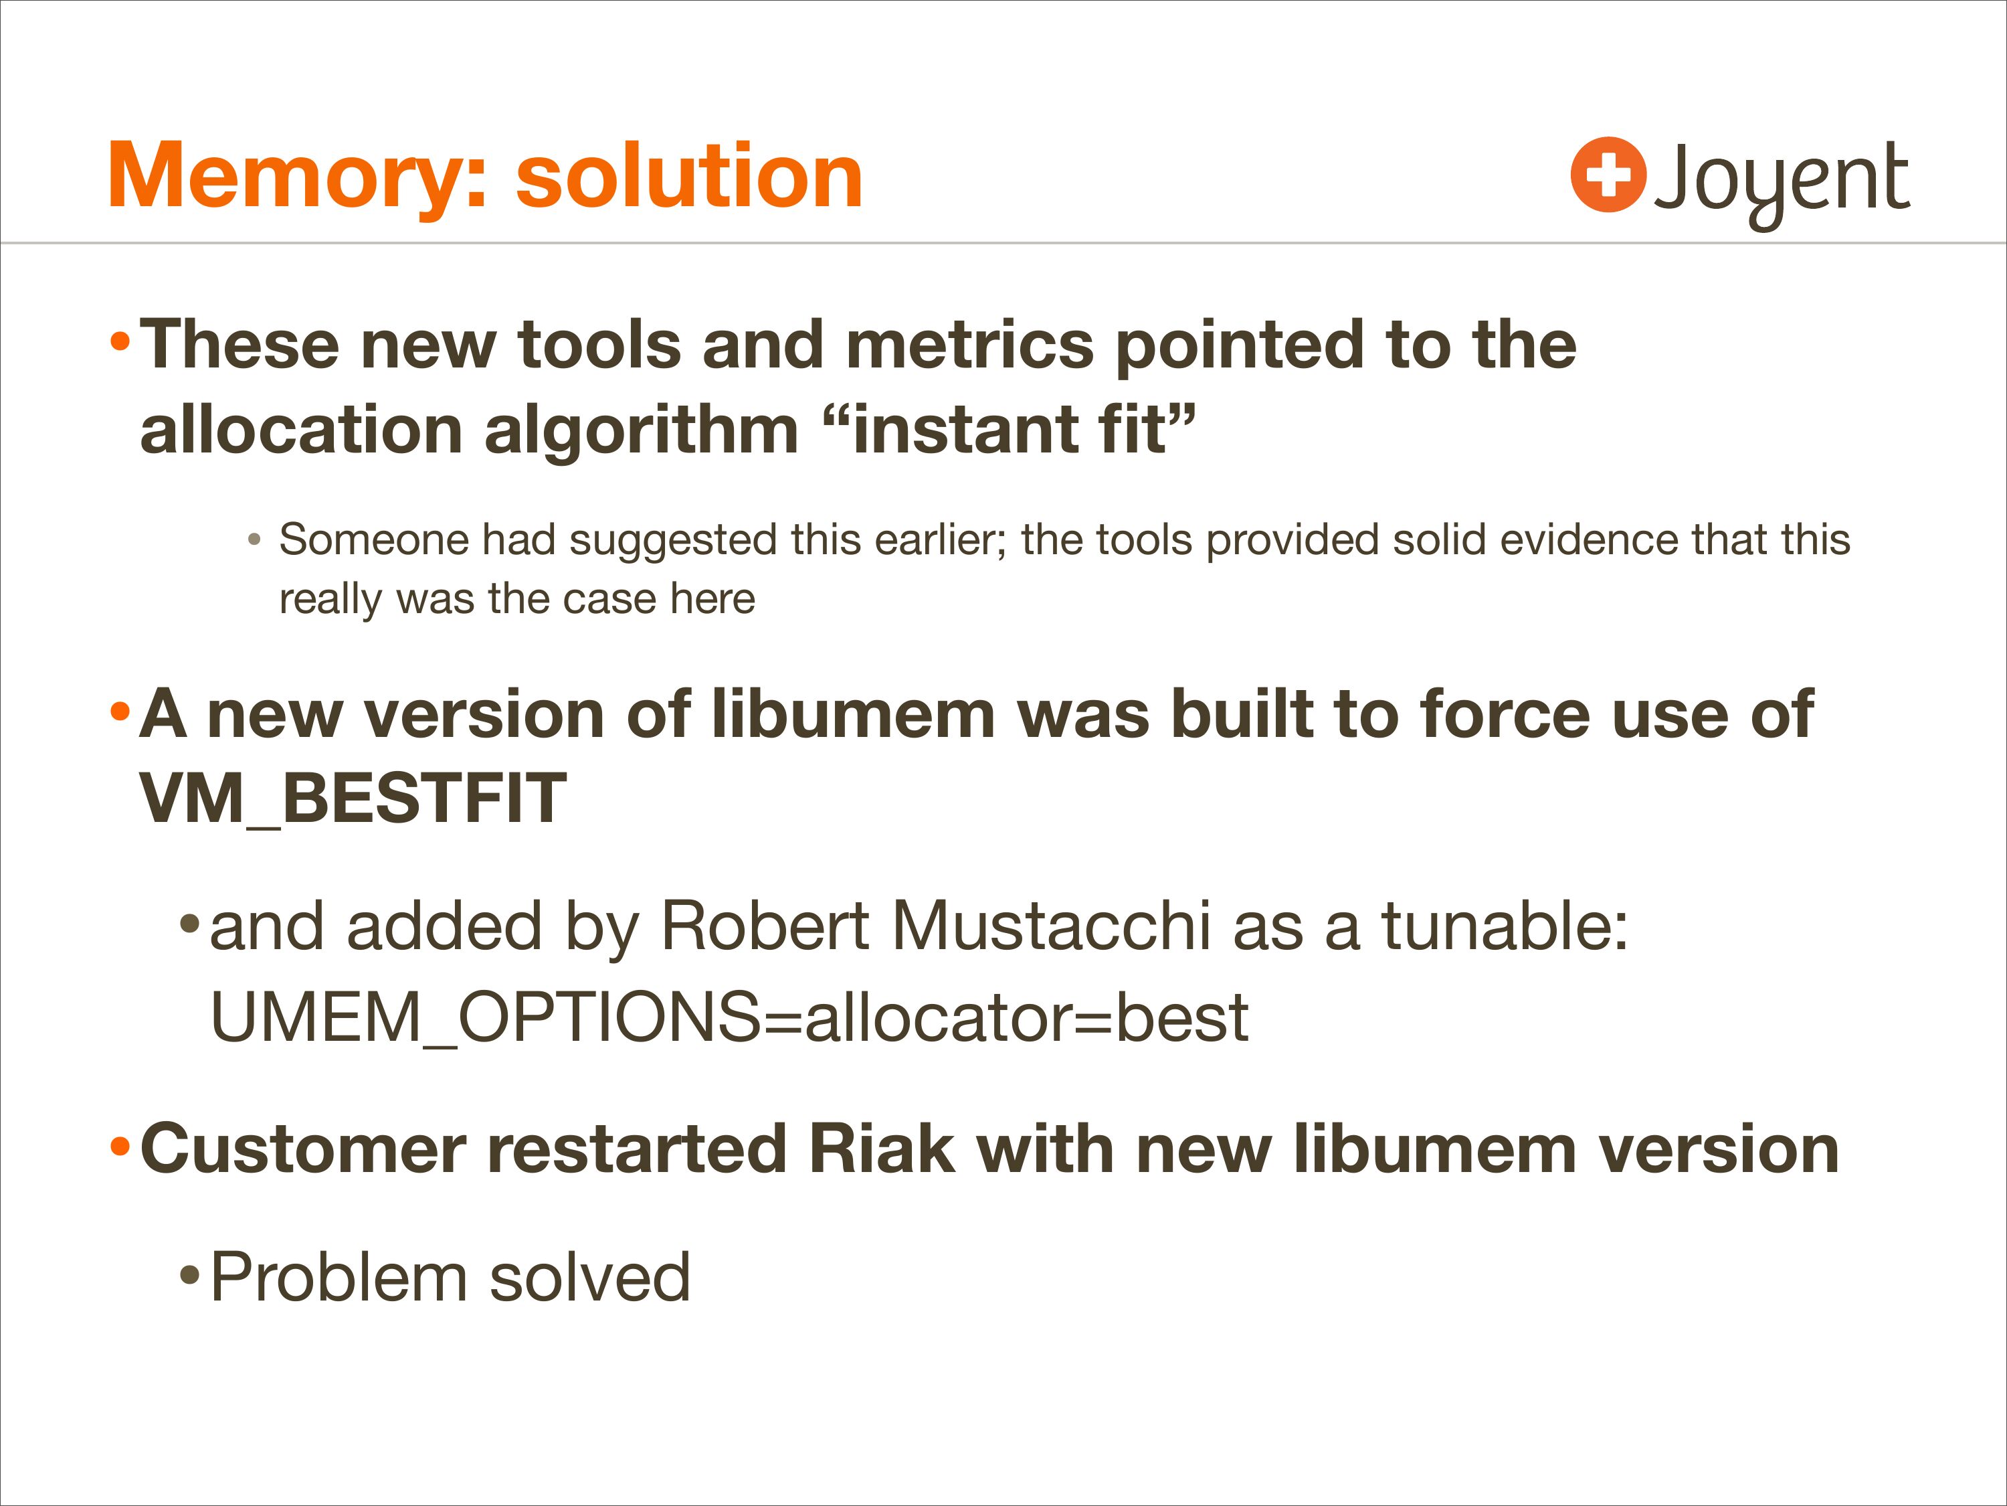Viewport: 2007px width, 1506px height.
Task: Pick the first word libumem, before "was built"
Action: click(x=854, y=714)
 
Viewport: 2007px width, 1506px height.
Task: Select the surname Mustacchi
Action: click(x=1052, y=926)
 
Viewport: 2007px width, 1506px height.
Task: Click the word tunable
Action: click(x=1505, y=926)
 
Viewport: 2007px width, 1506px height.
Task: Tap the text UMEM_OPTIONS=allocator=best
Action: click(x=729, y=1017)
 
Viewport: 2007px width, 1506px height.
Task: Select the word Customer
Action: click(x=303, y=1149)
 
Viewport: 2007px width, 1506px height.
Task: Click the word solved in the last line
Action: click(x=590, y=1277)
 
